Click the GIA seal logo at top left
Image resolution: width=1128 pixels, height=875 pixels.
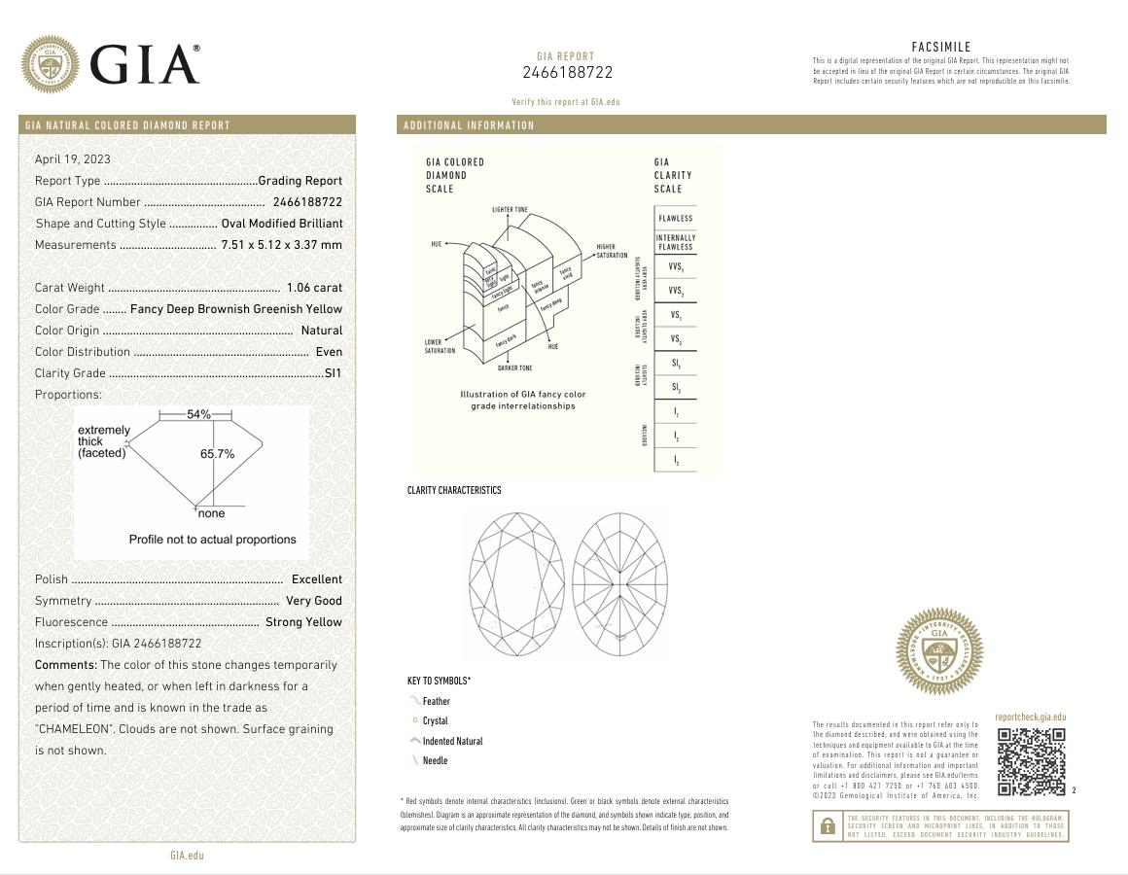(51, 64)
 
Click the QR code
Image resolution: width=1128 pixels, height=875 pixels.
(1032, 761)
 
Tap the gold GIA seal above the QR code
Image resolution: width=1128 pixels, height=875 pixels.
(938, 651)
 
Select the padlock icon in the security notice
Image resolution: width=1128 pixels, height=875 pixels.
(828, 826)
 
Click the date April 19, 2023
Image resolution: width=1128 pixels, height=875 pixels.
(73, 159)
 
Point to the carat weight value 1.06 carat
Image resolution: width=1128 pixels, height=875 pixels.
(314, 288)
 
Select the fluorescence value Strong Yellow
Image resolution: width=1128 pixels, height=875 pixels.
(303, 622)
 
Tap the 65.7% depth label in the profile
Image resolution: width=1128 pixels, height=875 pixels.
(218, 454)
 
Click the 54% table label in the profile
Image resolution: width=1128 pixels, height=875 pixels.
(198, 415)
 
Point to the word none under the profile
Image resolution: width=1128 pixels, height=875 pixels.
(211, 513)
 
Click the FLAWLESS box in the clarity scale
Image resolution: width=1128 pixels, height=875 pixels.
(675, 219)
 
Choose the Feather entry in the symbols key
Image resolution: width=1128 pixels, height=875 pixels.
(436, 701)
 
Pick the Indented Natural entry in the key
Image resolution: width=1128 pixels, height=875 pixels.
(452, 741)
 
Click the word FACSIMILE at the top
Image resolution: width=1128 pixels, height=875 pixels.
(940, 47)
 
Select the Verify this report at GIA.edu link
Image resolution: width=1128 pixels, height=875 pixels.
(566, 102)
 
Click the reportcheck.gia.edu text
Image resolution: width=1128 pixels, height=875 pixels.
(1030, 717)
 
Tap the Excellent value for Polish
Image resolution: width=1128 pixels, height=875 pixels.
(317, 579)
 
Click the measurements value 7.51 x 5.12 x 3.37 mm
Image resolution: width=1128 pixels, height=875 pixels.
(282, 245)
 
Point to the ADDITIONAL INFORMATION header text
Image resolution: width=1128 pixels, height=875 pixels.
(469, 125)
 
